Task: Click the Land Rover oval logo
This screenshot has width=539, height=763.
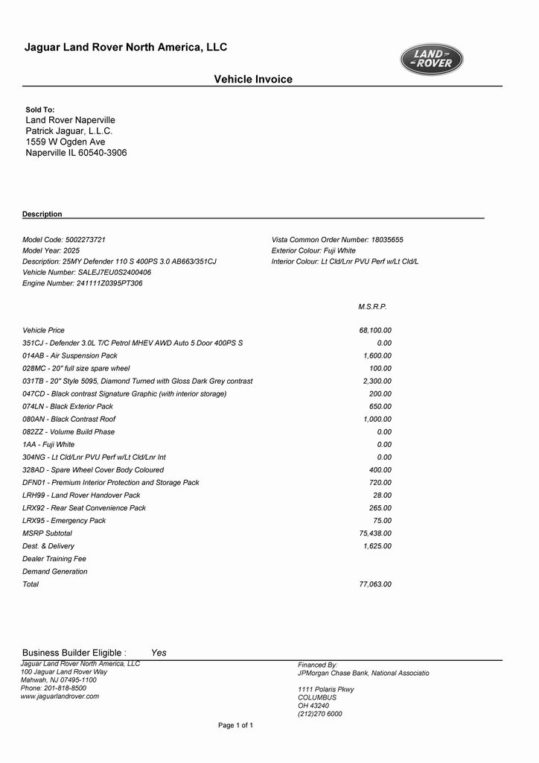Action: coord(432,60)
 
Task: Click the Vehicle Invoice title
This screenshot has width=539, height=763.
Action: coord(253,80)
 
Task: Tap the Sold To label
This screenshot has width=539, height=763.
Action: coord(40,110)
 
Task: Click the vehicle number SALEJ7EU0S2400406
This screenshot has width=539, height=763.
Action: coord(115,273)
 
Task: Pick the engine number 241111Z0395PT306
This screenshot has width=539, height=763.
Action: coord(109,284)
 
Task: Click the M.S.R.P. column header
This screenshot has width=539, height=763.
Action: coord(373,307)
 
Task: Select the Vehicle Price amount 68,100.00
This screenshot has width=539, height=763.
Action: coord(375,330)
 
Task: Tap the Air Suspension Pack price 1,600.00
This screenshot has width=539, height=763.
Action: coord(377,356)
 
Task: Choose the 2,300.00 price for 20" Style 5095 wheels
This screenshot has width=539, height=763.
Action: coord(377,381)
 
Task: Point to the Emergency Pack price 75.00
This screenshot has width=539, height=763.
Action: coord(382,521)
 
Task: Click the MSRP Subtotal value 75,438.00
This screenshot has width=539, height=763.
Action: coord(375,534)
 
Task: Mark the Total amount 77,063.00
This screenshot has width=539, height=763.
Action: coord(375,585)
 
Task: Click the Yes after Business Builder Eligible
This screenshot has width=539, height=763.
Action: coord(159,653)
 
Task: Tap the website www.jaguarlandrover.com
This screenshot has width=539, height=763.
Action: coord(60,697)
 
